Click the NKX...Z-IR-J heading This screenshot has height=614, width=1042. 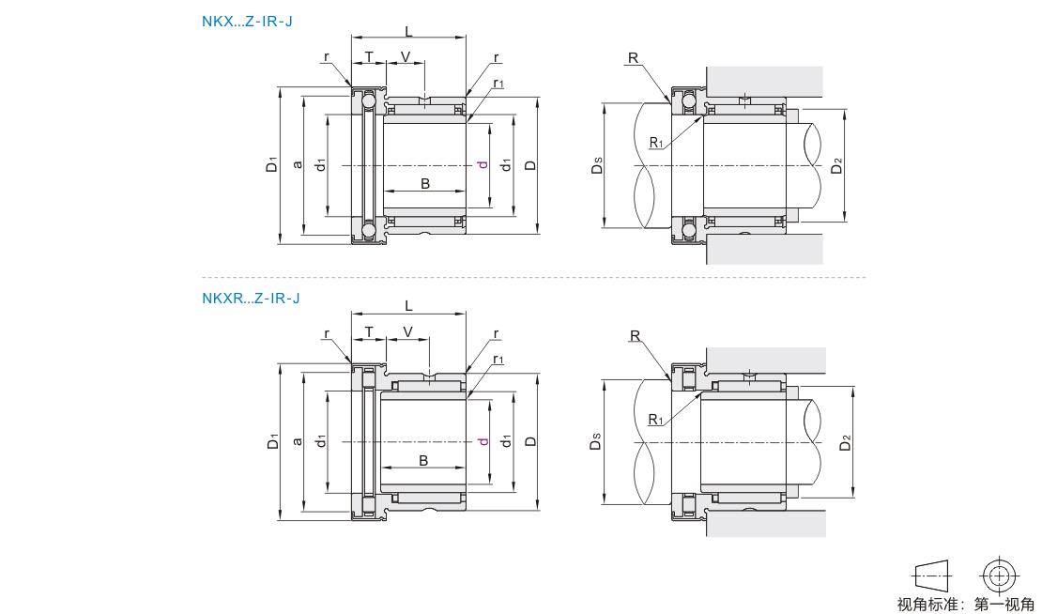tap(247, 22)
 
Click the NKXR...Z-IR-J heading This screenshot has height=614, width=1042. tap(252, 299)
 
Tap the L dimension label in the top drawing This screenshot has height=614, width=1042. tap(408, 31)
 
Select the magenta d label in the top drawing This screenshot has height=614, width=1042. tap(483, 164)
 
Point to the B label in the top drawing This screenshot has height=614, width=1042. tap(425, 183)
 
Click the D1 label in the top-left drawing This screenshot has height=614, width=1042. tap(272, 164)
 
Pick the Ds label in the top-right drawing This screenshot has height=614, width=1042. tap(597, 165)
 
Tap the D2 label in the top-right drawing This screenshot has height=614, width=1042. tap(836, 165)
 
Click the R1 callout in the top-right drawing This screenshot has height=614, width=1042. tap(656, 142)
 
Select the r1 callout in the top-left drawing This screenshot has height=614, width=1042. tap(498, 83)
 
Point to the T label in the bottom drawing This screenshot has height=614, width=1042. tap(369, 331)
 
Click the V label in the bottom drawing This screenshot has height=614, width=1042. tap(408, 331)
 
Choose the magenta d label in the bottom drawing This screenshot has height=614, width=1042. tap(483, 441)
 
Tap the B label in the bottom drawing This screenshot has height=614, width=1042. tap(423, 460)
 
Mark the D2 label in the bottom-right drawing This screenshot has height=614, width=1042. tap(845, 442)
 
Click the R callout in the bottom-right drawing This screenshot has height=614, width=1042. tap(635, 335)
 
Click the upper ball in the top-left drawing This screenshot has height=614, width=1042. tap(367, 102)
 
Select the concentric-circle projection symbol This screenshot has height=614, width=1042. tap(1000, 575)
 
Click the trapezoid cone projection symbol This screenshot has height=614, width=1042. tap(933, 576)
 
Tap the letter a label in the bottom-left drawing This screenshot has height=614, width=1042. tap(299, 441)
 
